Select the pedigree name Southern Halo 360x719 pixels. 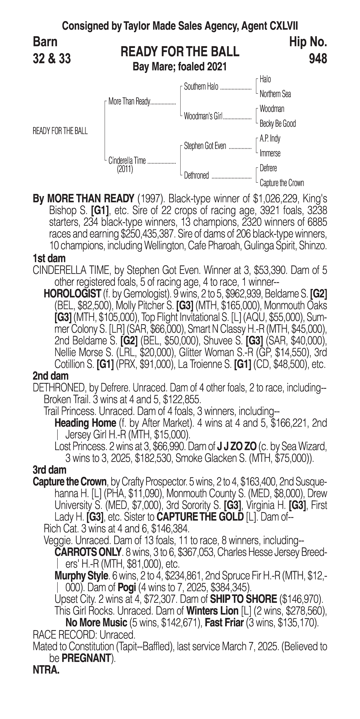point(201,87)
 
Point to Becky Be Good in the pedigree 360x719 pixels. point(277,124)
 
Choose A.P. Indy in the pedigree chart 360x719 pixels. point(270,138)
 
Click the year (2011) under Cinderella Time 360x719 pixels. point(125,169)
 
